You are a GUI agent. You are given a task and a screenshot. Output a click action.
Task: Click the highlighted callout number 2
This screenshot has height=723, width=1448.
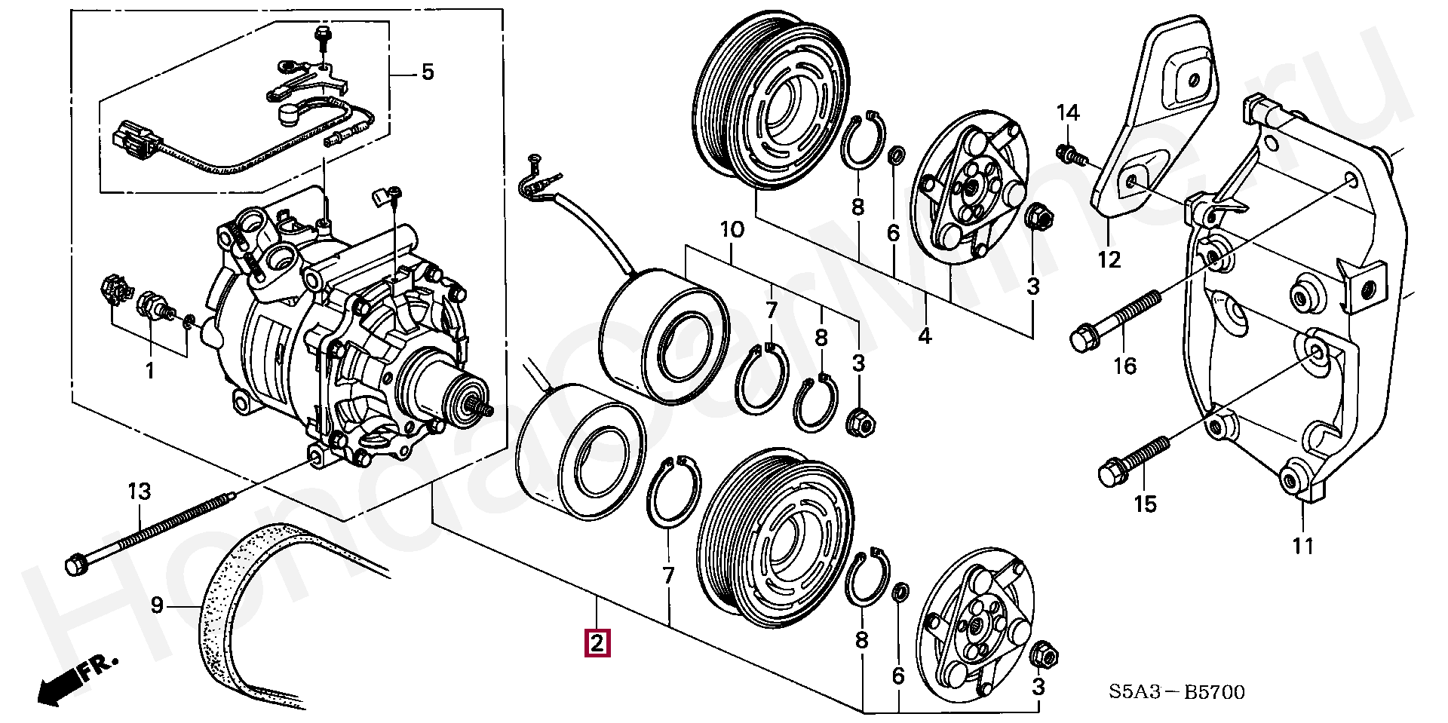click(x=597, y=644)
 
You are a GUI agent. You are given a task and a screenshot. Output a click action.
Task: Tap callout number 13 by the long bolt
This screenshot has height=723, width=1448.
click(x=139, y=492)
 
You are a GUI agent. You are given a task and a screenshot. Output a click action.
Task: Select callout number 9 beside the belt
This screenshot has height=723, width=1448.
click(x=157, y=605)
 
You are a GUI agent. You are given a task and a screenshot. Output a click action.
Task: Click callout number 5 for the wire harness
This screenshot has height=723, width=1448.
click(x=427, y=73)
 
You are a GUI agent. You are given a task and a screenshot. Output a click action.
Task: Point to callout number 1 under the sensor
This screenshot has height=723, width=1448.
click(x=149, y=371)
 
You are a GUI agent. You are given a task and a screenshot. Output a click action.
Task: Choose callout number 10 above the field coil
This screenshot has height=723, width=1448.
click(x=732, y=229)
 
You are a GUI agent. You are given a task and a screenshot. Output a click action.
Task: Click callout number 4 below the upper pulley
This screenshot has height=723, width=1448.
click(x=925, y=336)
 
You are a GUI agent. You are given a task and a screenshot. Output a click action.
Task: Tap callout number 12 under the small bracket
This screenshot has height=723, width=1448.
click(x=1109, y=260)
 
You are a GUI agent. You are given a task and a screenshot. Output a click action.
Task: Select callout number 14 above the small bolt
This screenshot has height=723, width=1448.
click(x=1068, y=114)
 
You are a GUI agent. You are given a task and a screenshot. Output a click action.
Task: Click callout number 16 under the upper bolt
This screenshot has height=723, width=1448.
click(x=1124, y=366)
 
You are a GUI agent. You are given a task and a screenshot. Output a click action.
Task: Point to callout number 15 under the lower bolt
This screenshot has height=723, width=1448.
click(x=1145, y=504)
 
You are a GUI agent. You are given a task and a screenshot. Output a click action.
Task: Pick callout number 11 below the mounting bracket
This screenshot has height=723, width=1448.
click(x=1303, y=546)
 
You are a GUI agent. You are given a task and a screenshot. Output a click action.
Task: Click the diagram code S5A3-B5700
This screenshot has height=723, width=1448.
click(x=1176, y=691)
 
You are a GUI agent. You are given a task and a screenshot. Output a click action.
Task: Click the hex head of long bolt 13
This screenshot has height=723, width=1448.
click(x=75, y=565)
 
